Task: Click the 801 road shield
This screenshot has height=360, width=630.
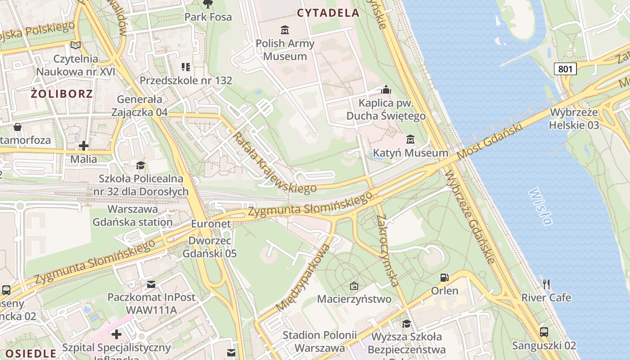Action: pos(565,69)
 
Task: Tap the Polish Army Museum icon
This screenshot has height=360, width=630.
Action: pos(285,30)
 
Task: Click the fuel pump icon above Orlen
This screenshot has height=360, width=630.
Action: pos(444,278)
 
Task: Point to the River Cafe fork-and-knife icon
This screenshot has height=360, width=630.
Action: pos(546,284)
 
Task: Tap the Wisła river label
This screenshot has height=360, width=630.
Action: pos(540,207)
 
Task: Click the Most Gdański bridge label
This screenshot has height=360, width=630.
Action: pos(491,140)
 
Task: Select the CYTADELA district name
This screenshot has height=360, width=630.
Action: pos(328,13)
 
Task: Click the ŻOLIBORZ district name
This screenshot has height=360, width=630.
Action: pos(62,94)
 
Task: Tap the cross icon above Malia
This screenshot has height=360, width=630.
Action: pos(84,146)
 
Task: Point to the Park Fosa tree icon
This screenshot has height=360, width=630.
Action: pos(208,4)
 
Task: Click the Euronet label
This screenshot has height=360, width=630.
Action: pos(211,224)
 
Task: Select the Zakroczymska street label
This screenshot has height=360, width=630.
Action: pos(388,250)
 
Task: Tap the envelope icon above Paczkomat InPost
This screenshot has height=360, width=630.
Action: pos(151,284)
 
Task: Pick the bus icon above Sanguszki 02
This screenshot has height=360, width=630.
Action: pos(544,332)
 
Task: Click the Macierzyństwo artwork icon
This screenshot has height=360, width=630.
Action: pos(354,286)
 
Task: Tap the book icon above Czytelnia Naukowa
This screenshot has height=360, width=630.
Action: pos(76,45)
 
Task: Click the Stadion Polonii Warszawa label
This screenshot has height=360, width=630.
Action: pos(319,342)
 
